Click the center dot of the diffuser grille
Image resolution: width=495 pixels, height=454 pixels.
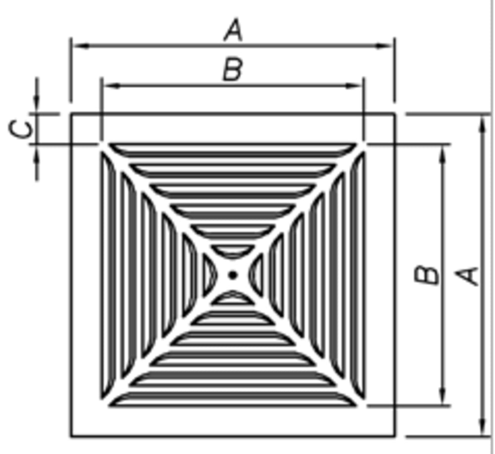click(233, 275)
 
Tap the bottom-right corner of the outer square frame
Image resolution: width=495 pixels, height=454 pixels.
click(395, 437)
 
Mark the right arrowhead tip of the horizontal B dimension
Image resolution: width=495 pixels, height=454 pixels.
click(362, 85)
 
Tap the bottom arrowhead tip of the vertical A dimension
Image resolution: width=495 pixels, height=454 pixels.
click(482, 435)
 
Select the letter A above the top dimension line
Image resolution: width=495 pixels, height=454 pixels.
click(233, 30)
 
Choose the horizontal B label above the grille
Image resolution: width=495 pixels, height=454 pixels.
click(233, 69)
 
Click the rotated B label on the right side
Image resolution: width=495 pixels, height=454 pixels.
click(426, 275)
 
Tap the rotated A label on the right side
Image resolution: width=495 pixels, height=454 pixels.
click(467, 276)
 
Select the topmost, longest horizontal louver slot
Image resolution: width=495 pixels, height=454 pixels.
click(233, 151)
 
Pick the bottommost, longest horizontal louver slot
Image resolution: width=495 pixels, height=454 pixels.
click(233, 399)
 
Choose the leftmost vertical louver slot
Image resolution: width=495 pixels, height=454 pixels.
click(108, 275)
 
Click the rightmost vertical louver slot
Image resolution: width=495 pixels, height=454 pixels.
click(358, 275)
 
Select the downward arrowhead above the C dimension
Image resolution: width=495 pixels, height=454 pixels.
click(37, 101)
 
